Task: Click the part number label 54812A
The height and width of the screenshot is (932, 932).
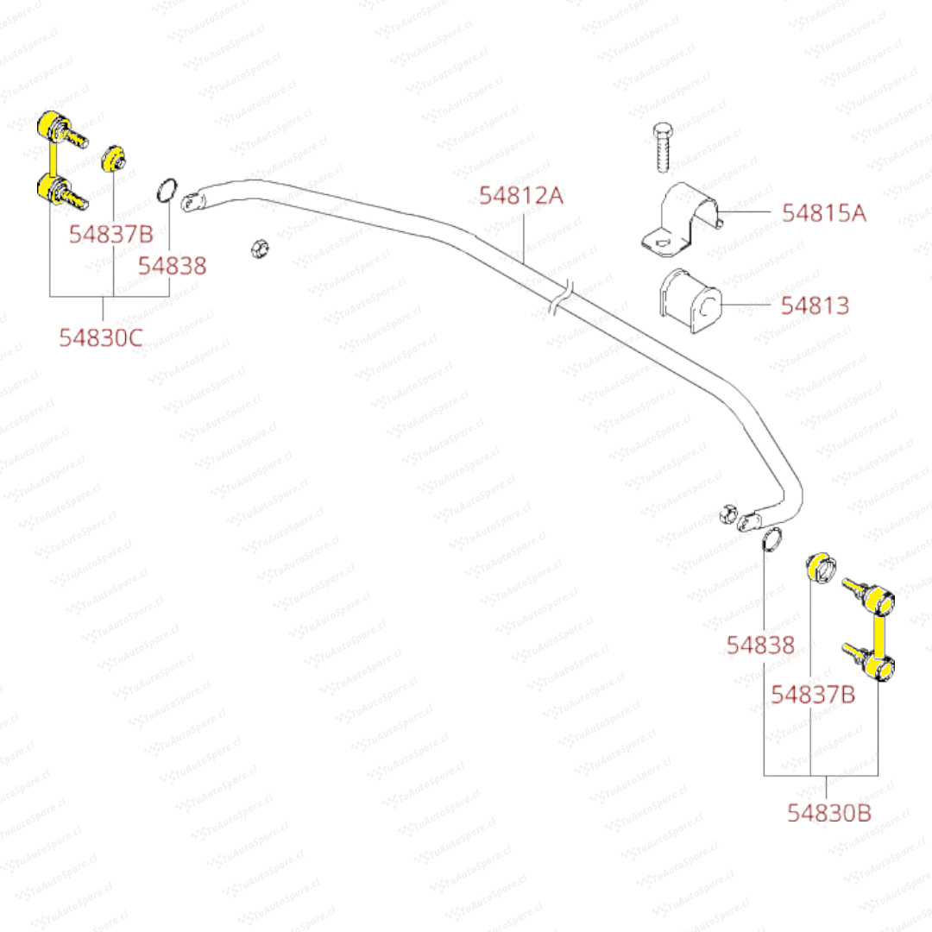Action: (x=521, y=196)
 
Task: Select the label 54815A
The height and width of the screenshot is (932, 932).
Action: (x=823, y=212)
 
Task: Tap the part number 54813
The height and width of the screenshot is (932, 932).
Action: (x=815, y=305)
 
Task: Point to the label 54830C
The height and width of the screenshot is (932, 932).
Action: (x=101, y=338)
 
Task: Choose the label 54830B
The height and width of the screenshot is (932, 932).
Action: (x=828, y=812)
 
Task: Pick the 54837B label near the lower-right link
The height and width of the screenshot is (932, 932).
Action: (x=813, y=694)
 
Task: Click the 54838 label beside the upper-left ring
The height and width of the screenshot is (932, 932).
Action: (x=173, y=266)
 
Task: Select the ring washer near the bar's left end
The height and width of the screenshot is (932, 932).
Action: (x=167, y=190)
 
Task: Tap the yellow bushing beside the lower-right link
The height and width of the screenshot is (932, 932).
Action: (x=821, y=568)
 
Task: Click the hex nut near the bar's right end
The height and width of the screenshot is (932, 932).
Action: (x=727, y=513)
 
